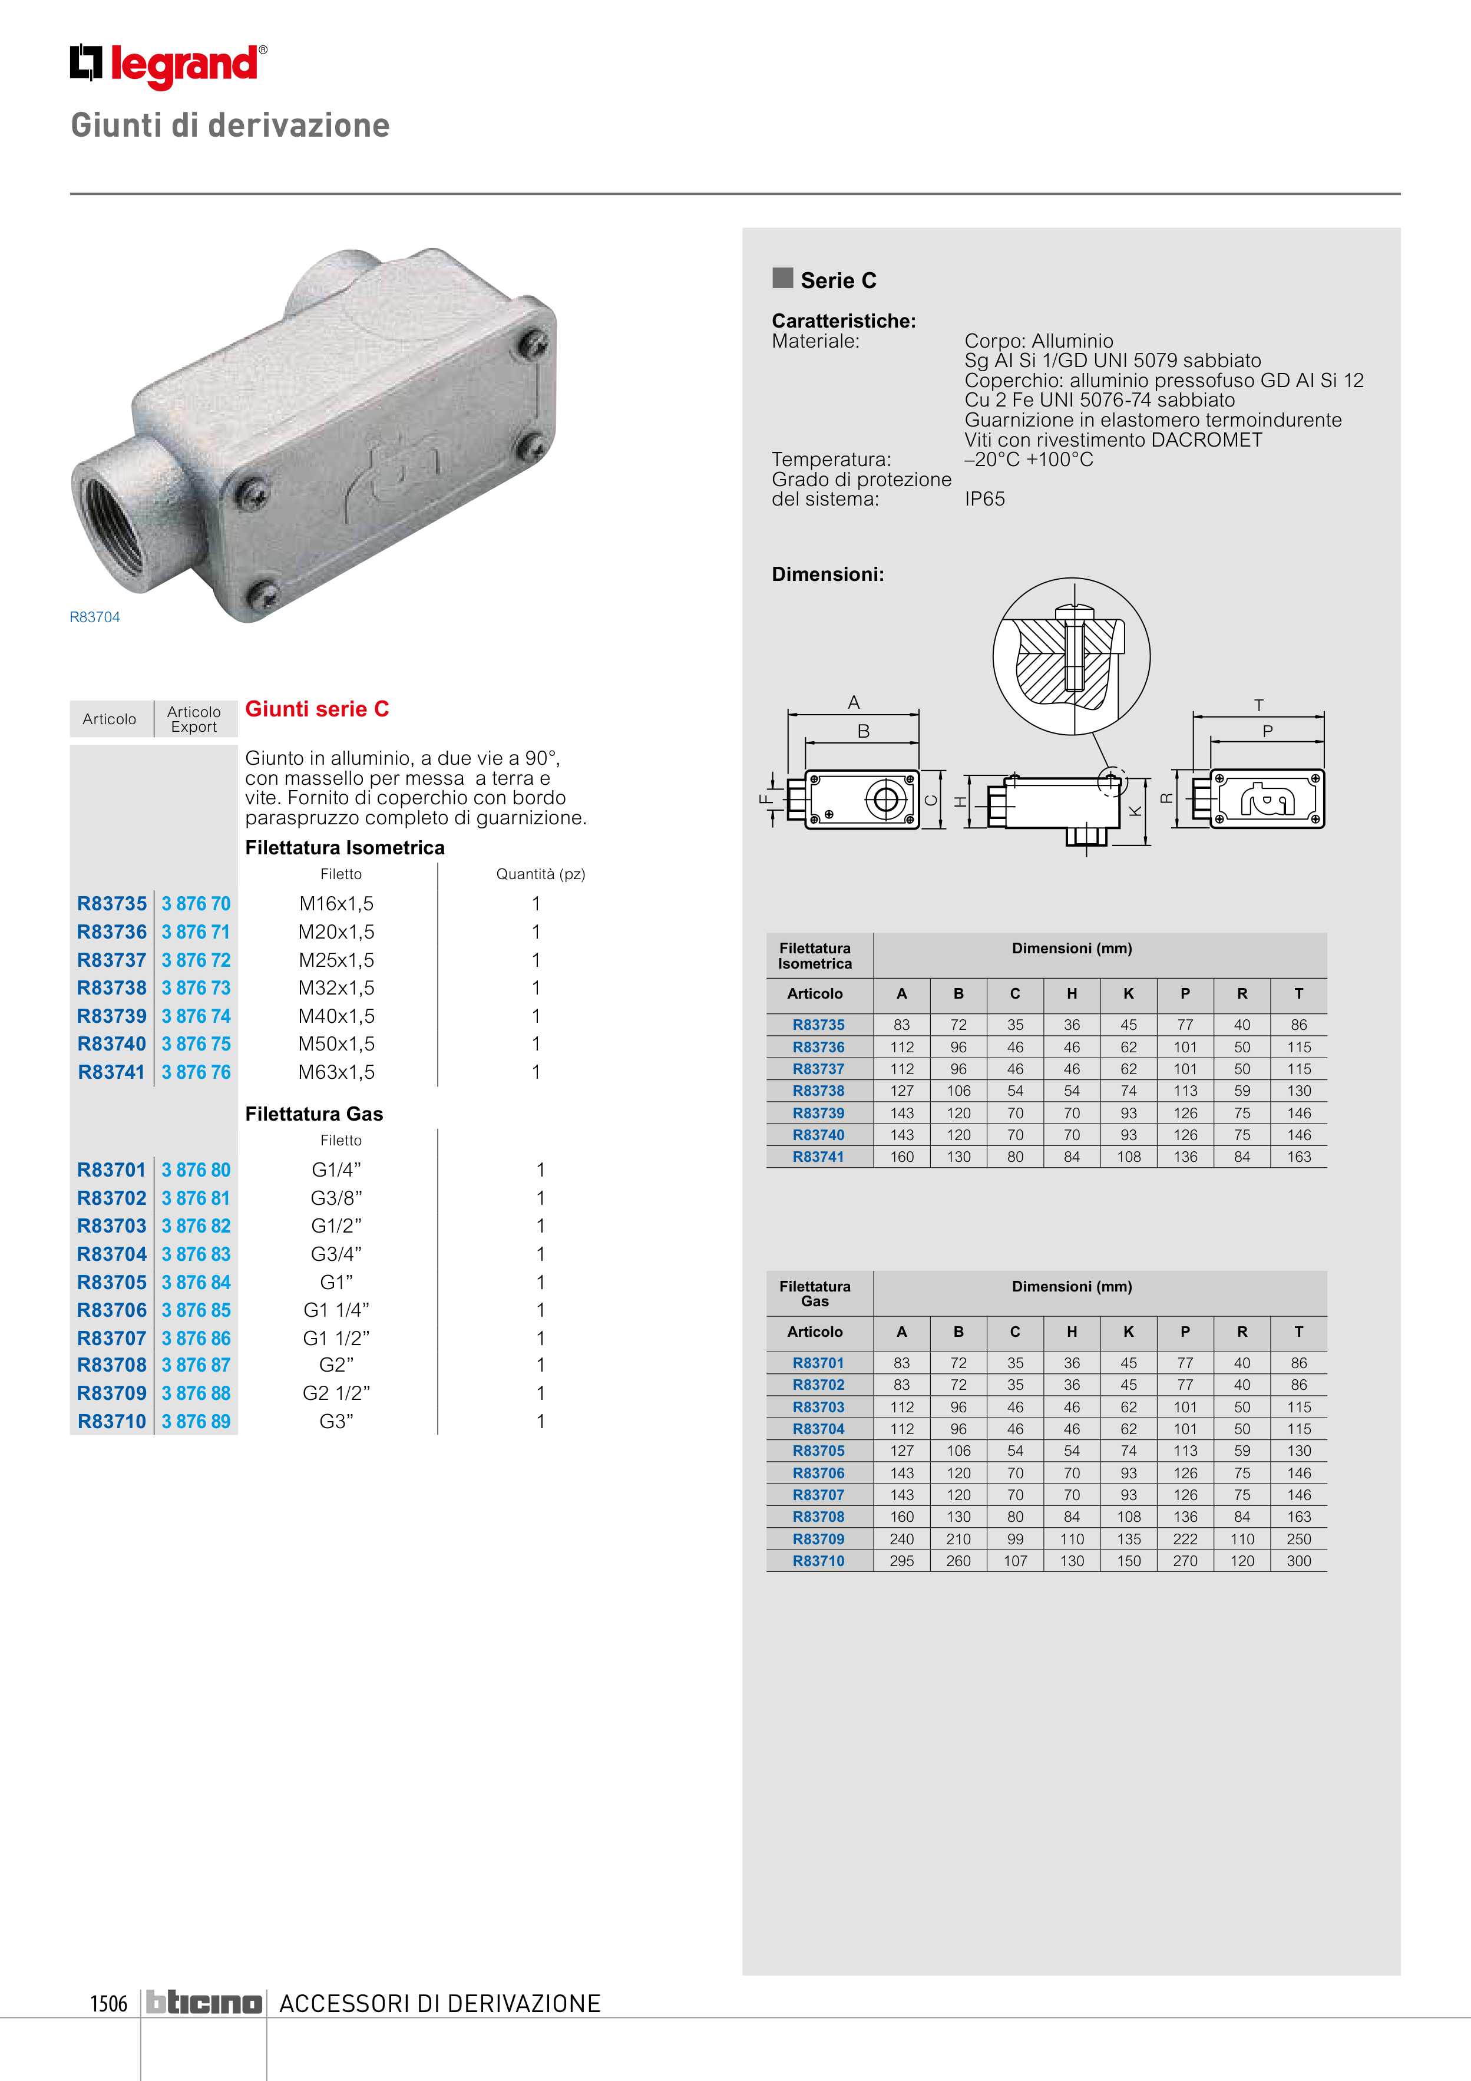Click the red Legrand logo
pyautogui.click(x=168, y=65)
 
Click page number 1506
pyautogui.click(x=109, y=2003)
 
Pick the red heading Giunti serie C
pyautogui.click(x=317, y=709)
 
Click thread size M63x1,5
pyautogui.click(x=336, y=1072)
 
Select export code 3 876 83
pyautogui.click(x=196, y=1254)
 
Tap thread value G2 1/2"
pyautogui.click(x=336, y=1393)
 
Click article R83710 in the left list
pyautogui.click(x=111, y=1421)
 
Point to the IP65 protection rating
pyautogui.click(x=984, y=500)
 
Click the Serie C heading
pyautogui.click(x=838, y=281)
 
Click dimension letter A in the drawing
pyautogui.click(x=854, y=702)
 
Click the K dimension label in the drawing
pyautogui.click(x=1135, y=811)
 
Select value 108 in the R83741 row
pyautogui.click(x=1128, y=1157)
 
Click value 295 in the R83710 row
pyautogui.click(x=902, y=1561)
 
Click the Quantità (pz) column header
pyautogui.click(x=540, y=874)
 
